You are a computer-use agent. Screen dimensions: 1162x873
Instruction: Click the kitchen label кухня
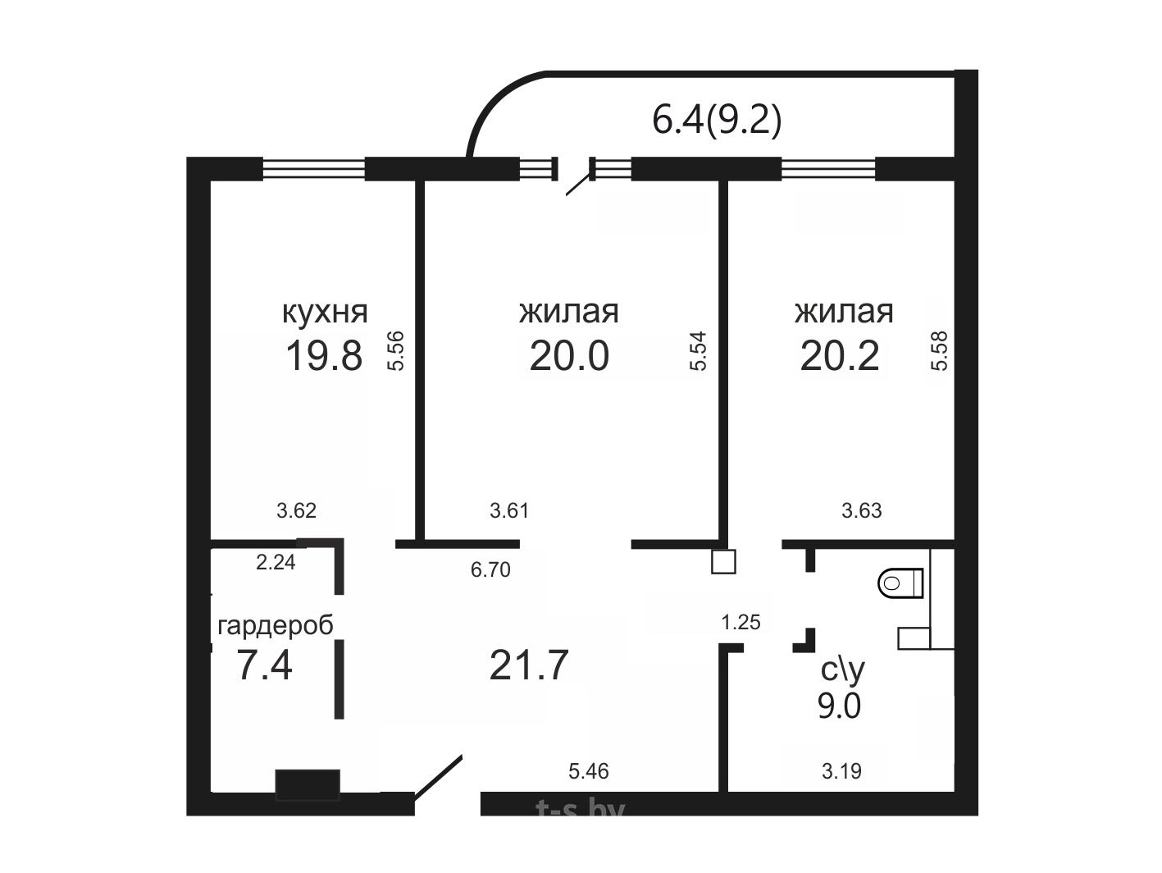click(325, 313)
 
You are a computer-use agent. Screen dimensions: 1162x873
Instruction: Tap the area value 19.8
click(324, 356)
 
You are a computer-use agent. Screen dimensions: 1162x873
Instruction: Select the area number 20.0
click(569, 356)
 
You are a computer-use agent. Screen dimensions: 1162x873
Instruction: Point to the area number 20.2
click(840, 356)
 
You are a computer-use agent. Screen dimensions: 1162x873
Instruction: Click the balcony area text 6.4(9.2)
click(717, 120)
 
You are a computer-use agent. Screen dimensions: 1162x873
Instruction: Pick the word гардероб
click(276, 627)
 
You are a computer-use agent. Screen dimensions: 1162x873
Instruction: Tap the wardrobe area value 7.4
click(264, 665)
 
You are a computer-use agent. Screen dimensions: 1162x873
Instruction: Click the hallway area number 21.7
click(529, 665)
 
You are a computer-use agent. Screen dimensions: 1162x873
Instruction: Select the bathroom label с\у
click(842, 670)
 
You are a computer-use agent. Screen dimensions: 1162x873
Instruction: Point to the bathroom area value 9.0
click(840, 706)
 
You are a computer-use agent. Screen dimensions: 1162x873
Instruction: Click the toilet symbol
click(900, 583)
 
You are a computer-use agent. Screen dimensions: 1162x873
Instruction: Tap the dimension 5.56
click(396, 350)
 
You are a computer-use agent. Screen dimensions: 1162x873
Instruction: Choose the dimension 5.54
click(698, 350)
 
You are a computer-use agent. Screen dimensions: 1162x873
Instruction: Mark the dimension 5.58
click(939, 350)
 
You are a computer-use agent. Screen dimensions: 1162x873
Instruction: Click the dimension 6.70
click(490, 569)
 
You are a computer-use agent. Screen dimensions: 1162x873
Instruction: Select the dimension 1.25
click(741, 623)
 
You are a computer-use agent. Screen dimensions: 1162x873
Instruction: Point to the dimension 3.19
click(841, 771)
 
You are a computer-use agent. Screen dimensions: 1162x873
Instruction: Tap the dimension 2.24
click(276, 563)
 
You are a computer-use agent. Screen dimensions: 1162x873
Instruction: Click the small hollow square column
click(723, 562)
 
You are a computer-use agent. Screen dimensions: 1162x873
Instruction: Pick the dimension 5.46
click(589, 771)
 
